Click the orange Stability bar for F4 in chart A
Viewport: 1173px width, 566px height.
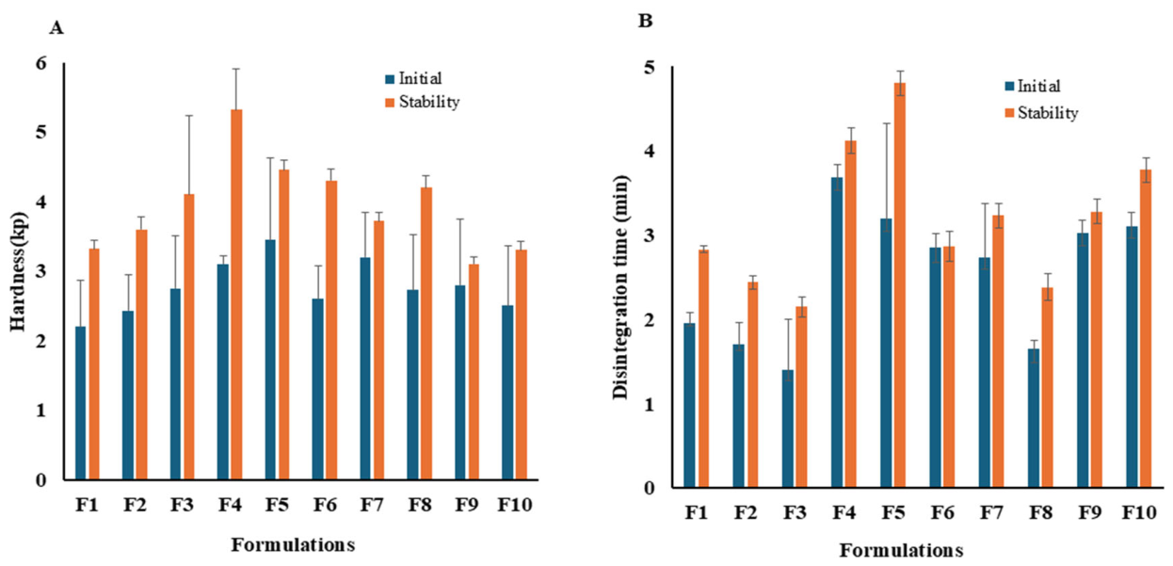(x=236, y=295)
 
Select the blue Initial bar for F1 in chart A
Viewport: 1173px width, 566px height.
(x=81, y=403)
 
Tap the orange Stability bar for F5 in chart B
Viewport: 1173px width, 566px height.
(x=900, y=285)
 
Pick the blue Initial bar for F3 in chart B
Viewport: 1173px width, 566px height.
(x=788, y=429)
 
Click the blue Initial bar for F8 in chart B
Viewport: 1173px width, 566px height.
(x=1033, y=418)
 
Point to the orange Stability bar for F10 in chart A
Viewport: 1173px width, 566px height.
(x=521, y=364)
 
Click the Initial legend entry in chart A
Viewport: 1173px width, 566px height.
(x=413, y=78)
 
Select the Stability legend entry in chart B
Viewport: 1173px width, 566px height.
(x=1041, y=113)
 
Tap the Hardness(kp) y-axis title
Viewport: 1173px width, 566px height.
(x=18, y=272)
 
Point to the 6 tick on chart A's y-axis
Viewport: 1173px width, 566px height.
(x=40, y=64)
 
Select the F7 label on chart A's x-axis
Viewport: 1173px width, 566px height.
(x=372, y=505)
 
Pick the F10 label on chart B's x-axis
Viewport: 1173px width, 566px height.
(x=1138, y=512)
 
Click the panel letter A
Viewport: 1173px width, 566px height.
(x=56, y=28)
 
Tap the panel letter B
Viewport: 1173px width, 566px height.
(x=646, y=21)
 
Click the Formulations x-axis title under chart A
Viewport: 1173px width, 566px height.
(x=294, y=545)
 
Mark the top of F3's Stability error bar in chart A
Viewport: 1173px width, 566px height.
(x=189, y=115)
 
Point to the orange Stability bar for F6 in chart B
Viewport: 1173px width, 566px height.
(x=949, y=367)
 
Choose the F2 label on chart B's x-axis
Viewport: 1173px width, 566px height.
(x=746, y=512)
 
